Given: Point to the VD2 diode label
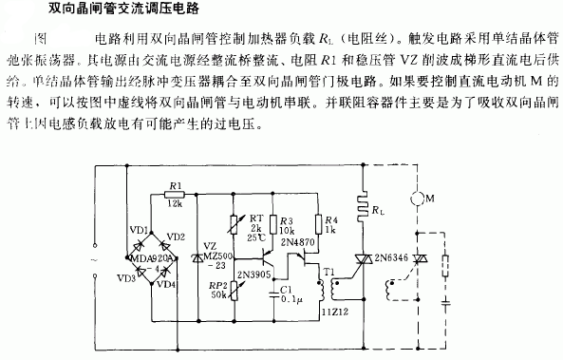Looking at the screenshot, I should click(175, 236).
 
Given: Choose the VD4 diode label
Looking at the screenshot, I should click(166, 282).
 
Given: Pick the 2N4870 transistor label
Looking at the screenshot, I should click(303, 242).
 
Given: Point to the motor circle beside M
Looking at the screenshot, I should click(414, 201).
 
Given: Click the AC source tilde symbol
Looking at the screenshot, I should click(92, 256).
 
